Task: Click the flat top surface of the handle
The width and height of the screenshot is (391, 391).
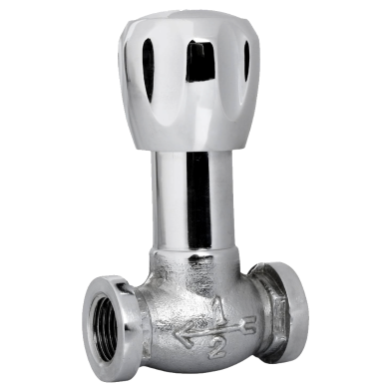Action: click(x=195, y=25)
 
